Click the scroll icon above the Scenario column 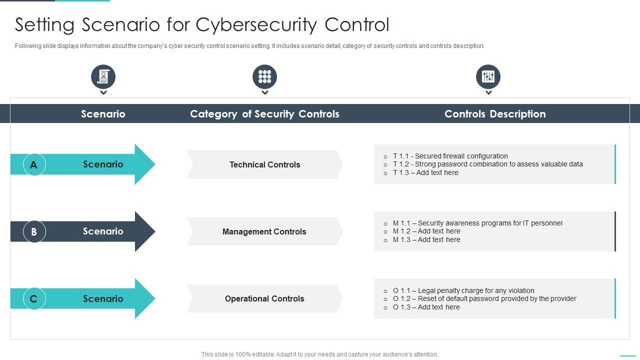coord(103,76)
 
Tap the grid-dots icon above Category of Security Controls coord(264,76)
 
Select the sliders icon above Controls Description coord(488,76)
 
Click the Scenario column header coord(103,114)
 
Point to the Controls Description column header coord(494,114)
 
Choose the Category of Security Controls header coord(264,114)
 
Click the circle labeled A coord(34,164)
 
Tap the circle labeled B coord(34,231)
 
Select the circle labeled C coord(34,299)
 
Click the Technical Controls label coord(264,164)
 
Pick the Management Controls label coord(264,231)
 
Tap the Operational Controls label coord(264,298)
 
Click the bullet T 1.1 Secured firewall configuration coord(450,156)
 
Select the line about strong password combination coord(487,164)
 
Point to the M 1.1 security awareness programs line coord(477,223)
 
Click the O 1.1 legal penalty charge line coord(463,290)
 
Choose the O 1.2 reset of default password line coord(484,298)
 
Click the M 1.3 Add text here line coord(426,239)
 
